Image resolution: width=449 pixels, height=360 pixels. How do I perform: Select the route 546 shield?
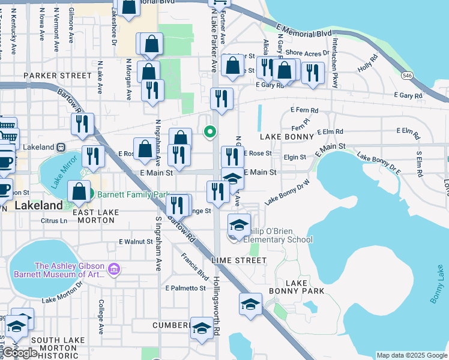(408, 76)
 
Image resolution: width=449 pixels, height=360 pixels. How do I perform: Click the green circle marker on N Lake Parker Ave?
(209, 131)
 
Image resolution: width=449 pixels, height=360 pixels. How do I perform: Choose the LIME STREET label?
(239, 260)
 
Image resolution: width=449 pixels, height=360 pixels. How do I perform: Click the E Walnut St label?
(136, 242)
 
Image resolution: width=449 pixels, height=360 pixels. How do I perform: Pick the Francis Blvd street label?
(194, 266)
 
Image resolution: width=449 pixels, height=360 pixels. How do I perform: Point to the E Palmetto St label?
(185, 288)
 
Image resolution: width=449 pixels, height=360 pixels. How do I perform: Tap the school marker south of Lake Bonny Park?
(250, 304)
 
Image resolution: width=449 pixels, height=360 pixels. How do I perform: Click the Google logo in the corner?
(20, 353)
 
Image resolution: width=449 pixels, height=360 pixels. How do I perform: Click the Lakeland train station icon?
(61, 147)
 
